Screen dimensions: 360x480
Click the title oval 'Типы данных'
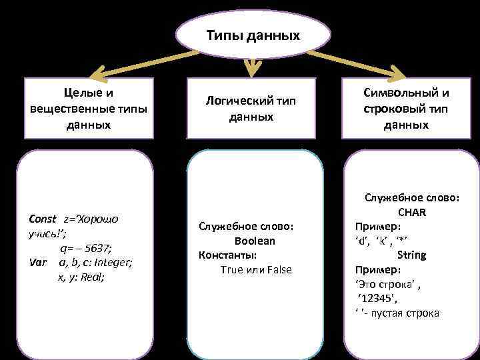coord(253,34)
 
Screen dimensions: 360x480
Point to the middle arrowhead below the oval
coord(251,67)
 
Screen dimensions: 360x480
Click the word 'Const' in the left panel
coord(43,219)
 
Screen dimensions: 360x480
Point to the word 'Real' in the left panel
coord(93,276)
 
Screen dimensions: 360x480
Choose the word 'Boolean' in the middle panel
coord(255,241)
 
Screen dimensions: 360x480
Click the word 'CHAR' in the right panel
coord(412,212)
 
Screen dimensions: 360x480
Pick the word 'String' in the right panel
coord(411,255)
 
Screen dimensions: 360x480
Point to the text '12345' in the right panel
coord(377,298)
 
